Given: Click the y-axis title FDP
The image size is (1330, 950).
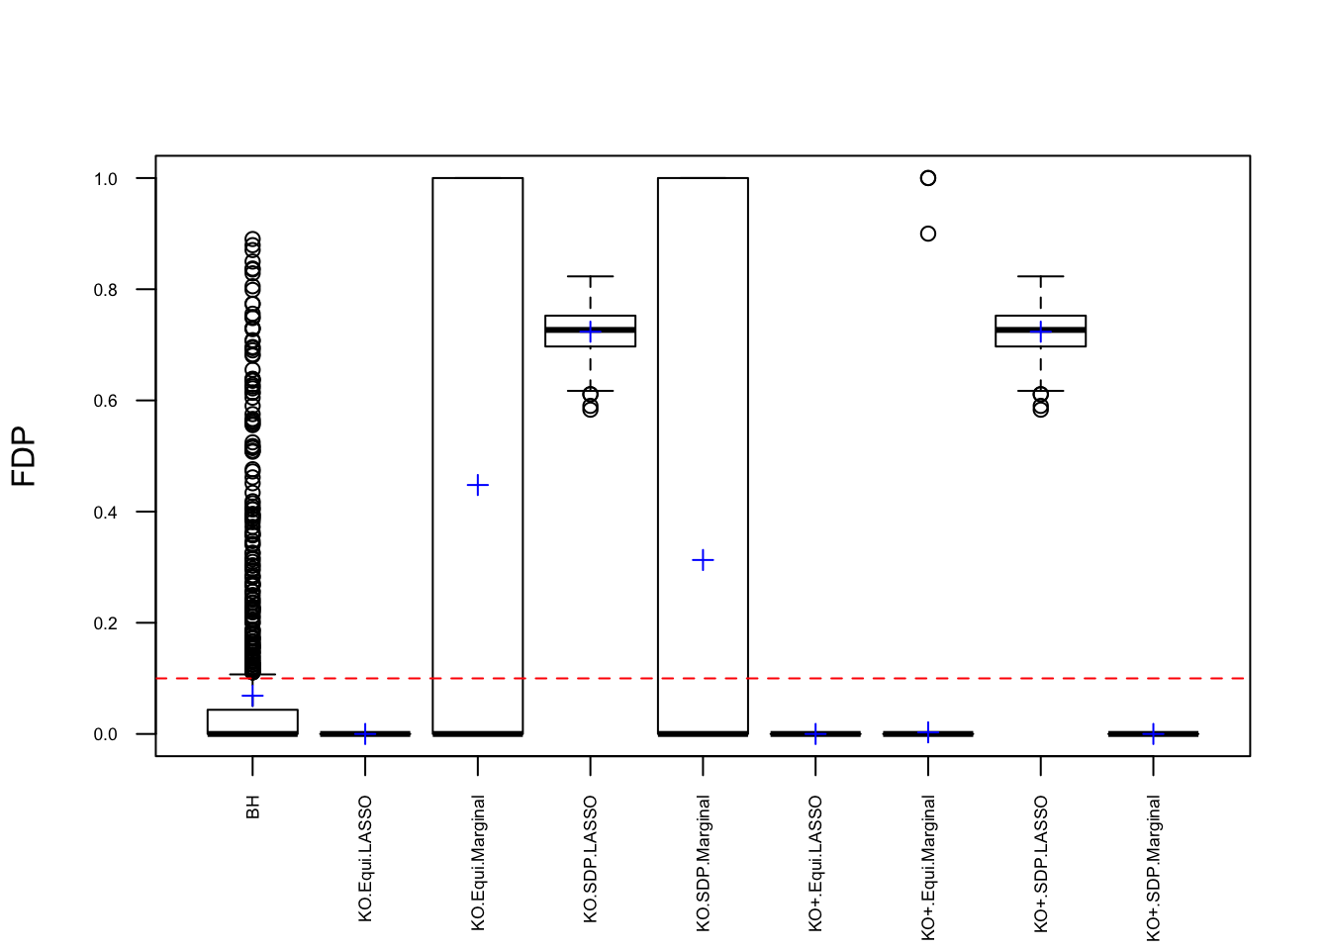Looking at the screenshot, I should [24, 456].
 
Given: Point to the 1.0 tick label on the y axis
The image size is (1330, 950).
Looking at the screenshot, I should [105, 179].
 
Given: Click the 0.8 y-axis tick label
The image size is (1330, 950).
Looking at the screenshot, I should [105, 290].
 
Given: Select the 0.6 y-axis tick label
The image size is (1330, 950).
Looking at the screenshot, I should [105, 401].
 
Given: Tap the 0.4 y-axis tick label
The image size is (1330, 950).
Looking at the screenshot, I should [105, 513].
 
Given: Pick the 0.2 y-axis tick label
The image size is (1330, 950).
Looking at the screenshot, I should [105, 623].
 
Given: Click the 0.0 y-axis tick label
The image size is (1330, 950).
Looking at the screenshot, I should [105, 734].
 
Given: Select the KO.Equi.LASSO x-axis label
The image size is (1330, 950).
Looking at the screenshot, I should [365, 858].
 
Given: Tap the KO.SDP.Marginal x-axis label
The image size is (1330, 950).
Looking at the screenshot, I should [704, 862].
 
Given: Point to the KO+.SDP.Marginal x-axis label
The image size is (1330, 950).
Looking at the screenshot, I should [1154, 868].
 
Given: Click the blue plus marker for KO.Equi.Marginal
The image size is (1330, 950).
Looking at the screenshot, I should [478, 485].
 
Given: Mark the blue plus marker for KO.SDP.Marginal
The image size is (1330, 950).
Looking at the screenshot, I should [703, 560].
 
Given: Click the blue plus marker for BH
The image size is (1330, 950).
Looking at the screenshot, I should [252, 697].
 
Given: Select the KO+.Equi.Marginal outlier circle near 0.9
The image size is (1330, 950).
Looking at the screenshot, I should [928, 234].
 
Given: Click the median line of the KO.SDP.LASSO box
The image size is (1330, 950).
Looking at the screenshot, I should [591, 330].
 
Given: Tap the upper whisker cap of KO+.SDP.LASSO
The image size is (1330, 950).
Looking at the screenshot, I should [1041, 276].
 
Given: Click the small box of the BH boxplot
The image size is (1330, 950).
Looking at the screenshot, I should [252, 721].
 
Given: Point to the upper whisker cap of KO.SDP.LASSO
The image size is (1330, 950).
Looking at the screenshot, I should [591, 276].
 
